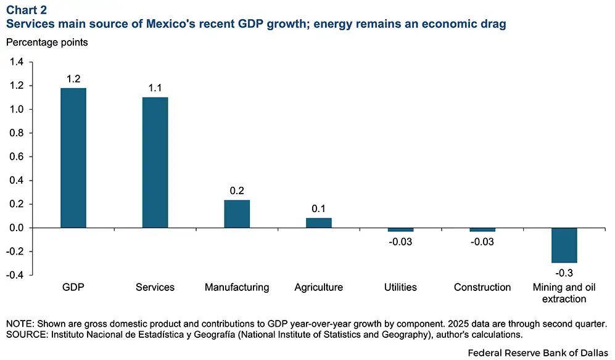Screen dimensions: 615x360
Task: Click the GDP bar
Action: tap(73, 158)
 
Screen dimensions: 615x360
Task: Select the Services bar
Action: tap(155, 163)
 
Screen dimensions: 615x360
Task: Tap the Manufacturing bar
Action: tap(237, 214)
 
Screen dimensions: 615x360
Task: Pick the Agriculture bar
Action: tap(319, 223)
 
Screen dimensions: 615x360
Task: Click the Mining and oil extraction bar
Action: tap(564, 245)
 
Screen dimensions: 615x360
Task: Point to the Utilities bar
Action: tap(400, 230)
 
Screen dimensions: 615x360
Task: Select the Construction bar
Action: tap(482, 230)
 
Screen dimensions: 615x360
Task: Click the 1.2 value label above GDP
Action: tap(73, 79)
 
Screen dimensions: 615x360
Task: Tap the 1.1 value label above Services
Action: tap(155, 88)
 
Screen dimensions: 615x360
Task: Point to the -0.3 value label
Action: tap(564, 272)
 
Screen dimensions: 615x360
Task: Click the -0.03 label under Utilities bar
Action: tap(400, 242)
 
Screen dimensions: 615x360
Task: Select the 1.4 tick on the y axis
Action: tap(17, 62)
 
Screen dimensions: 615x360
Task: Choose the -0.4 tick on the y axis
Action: tap(15, 275)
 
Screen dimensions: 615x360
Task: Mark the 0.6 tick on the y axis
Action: tap(17, 157)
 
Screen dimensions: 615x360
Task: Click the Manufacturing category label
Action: tap(237, 287)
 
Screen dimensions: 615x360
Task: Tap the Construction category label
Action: tap(482, 287)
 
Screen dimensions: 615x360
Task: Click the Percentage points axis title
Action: tap(47, 43)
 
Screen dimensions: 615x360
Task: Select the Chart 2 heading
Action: tap(27, 10)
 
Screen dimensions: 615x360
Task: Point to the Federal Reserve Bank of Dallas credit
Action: tap(538, 353)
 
